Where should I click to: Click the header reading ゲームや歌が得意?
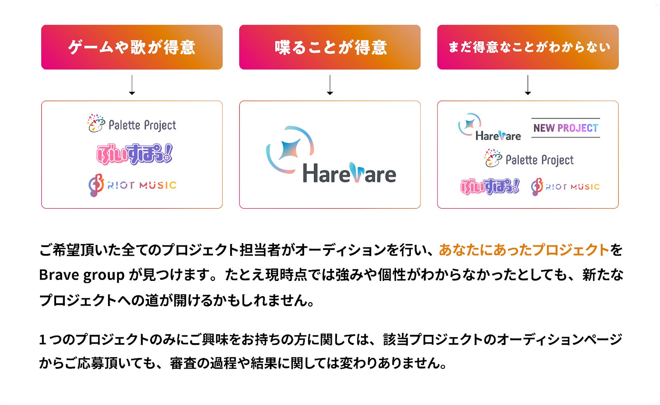(x=132, y=47)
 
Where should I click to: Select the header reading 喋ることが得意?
(x=330, y=47)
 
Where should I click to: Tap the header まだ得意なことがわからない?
(x=528, y=47)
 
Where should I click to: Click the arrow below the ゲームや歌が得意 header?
(x=132, y=85)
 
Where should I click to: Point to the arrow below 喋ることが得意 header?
(x=330, y=85)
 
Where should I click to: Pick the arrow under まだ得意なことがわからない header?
(x=528, y=85)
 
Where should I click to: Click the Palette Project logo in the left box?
(x=132, y=124)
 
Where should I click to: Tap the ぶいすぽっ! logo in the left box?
(x=134, y=154)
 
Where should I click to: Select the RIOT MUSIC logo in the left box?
(x=132, y=185)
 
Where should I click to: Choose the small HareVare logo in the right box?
(x=489, y=127)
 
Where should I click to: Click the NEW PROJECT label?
(x=566, y=128)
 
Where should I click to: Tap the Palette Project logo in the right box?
(x=529, y=159)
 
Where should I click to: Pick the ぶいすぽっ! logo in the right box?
(x=490, y=186)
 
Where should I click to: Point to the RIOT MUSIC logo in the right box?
(x=565, y=187)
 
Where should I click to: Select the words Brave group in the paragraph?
(x=82, y=275)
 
